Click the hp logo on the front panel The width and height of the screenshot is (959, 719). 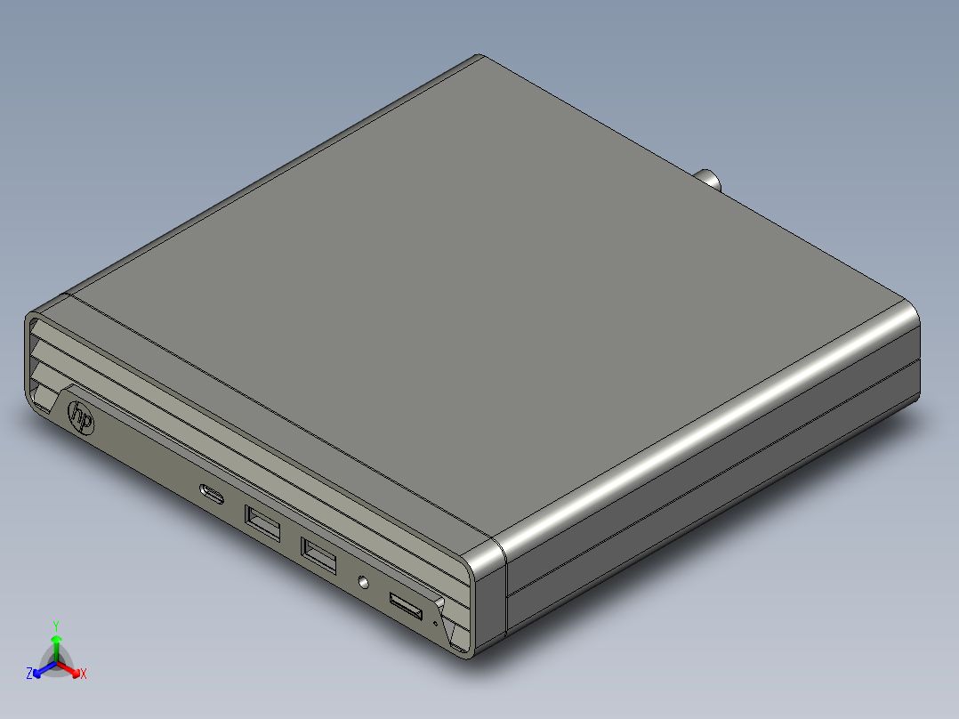(81, 416)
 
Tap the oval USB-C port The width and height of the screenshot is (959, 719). (212, 494)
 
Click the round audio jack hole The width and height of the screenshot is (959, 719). (363, 582)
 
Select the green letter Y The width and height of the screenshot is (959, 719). (56, 625)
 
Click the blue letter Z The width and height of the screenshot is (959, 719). (29, 674)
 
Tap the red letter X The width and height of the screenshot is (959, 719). (84, 674)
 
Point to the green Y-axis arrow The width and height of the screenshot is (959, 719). (56, 644)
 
